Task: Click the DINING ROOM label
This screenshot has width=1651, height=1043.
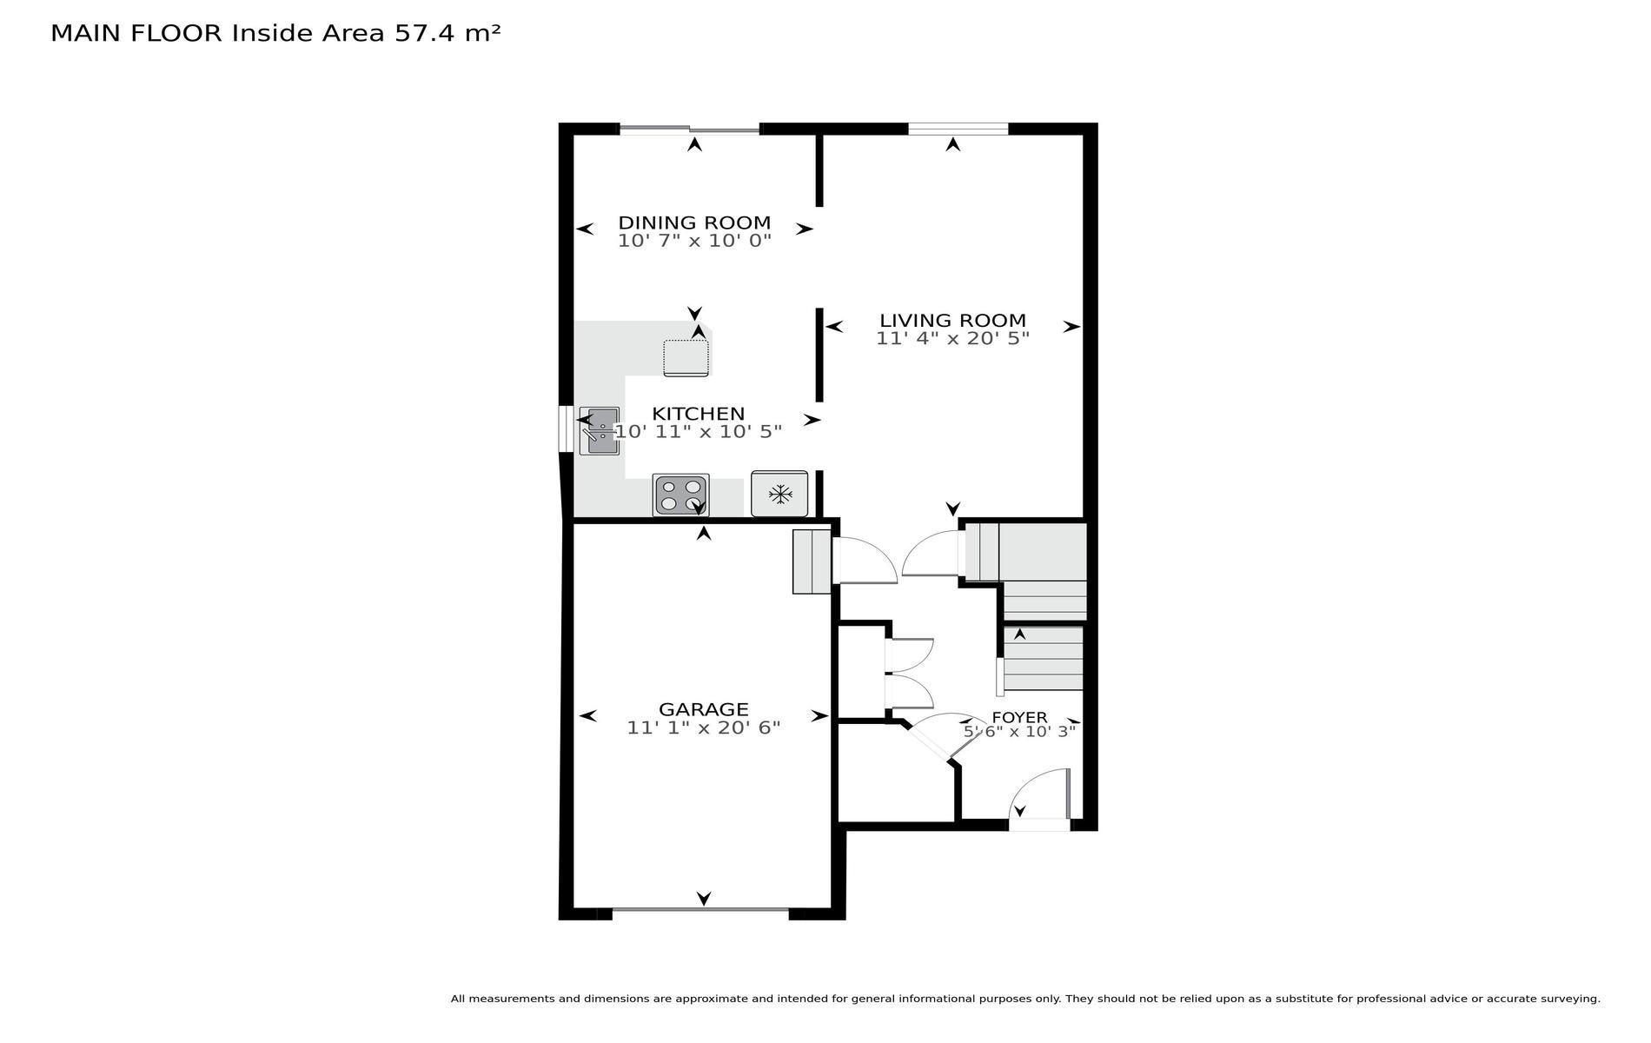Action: [694, 223]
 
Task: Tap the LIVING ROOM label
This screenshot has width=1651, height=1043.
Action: [952, 321]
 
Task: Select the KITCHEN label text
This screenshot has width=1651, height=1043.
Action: [699, 414]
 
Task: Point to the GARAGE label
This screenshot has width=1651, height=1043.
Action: [703, 709]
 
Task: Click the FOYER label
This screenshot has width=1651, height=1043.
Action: [1019, 718]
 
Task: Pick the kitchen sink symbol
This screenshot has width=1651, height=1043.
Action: [600, 430]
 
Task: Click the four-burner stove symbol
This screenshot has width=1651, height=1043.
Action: [681, 495]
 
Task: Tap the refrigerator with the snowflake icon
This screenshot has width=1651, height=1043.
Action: [779, 495]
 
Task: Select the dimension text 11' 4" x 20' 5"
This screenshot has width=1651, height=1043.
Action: [952, 339]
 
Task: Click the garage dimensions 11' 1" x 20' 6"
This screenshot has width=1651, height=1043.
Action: [704, 727]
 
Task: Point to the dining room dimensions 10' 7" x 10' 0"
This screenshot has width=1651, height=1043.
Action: [694, 241]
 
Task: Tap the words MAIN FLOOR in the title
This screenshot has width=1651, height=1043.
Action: [137, 33]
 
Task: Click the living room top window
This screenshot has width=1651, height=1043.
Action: [958, 130]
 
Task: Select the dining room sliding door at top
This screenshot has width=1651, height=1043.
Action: [689, 130]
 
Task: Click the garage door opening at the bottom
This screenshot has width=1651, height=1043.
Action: [700, 910]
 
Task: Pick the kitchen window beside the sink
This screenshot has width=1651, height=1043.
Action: [565, 428]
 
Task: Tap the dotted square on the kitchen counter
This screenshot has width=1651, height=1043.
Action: [686, 358]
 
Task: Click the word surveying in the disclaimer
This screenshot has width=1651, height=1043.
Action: [1567, 1000]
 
